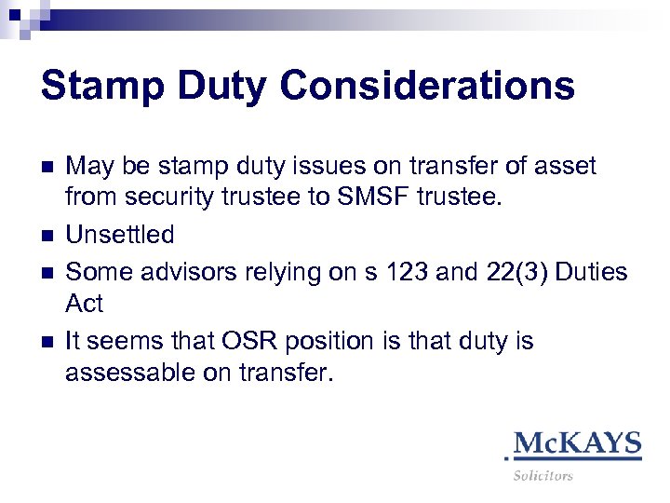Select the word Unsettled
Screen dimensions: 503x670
pyautogui.click(x=119, y=234)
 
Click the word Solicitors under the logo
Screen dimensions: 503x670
pyautogui.click(x=543, y=476)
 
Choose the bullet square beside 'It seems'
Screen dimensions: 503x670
pyautogui.click(x=47, y=342)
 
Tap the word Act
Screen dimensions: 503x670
pyautogui.click(x=85, y=305)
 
